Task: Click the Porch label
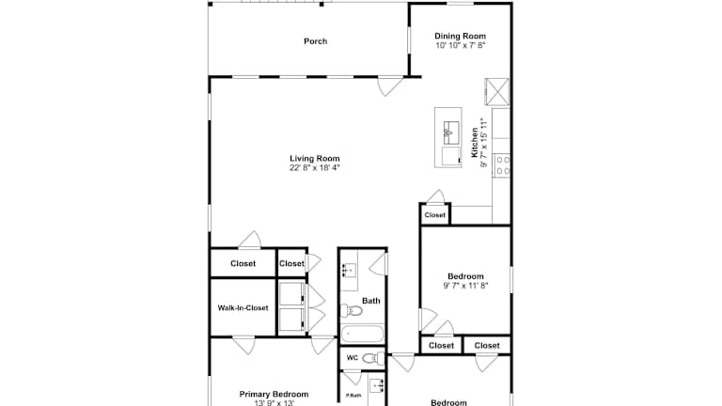[316, 41]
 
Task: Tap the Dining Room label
[460, 36]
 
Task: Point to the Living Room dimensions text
[315, 168]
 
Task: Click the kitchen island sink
[451, 133]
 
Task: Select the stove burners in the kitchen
[503, 165]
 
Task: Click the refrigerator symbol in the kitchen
[496, 91]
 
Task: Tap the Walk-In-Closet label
[243, 308]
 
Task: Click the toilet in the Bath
[351, 311]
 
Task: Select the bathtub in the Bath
[362, 334]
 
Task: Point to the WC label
[353, 358]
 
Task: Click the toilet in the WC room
[373, 358]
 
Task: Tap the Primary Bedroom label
[274, 394]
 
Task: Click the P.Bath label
[353, 396]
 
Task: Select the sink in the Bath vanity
[350, 270]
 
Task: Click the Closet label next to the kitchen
[434, 215]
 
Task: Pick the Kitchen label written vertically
[474, 143]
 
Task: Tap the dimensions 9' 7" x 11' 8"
[465, 286]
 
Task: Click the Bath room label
[371, 301]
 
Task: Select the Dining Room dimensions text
[460, 45]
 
